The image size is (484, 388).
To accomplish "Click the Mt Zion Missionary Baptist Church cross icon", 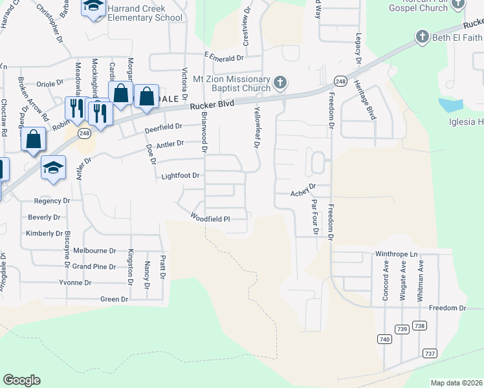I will [x=280, y=82].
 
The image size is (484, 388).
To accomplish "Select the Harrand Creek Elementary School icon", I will [x=93, y=6].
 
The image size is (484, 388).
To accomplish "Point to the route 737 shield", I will [x=430, y=353].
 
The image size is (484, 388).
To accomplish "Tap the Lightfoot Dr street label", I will [x=181, y=175].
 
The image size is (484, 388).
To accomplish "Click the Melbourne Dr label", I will [x=94, y=250].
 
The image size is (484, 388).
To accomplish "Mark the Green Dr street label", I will [x=114, y=299].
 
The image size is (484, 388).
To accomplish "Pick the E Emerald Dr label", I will [x=223, y=58].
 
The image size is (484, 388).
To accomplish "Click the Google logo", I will [x=21, y=380].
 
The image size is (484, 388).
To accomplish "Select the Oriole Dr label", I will [x=50, y=83].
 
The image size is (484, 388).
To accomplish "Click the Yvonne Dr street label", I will [x=75, y=283].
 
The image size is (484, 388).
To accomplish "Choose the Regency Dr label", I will [x=51, y=201].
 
